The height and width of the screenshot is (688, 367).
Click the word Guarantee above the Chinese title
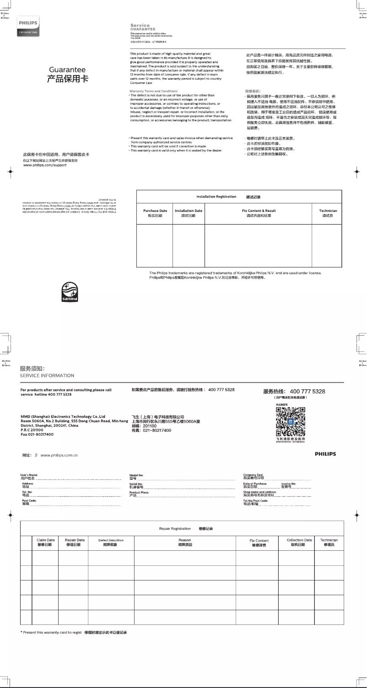(67, 70)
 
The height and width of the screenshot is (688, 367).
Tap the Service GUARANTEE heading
(143, 27)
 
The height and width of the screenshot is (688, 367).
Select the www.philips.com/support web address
(45, 165)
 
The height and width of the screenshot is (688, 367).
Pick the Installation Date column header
(189, 213)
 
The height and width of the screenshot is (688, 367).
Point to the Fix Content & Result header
(259, 213)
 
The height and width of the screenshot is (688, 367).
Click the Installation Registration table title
(216, 197)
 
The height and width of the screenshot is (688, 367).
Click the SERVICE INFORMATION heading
(47, 376)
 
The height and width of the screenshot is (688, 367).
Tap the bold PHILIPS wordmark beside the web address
(325, 454)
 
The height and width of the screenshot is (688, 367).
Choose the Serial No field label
(136, 485)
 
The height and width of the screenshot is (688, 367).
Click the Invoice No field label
(289, 485)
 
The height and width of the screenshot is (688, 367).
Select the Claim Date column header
(45, 543)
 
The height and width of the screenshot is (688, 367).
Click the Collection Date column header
(299, 543)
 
